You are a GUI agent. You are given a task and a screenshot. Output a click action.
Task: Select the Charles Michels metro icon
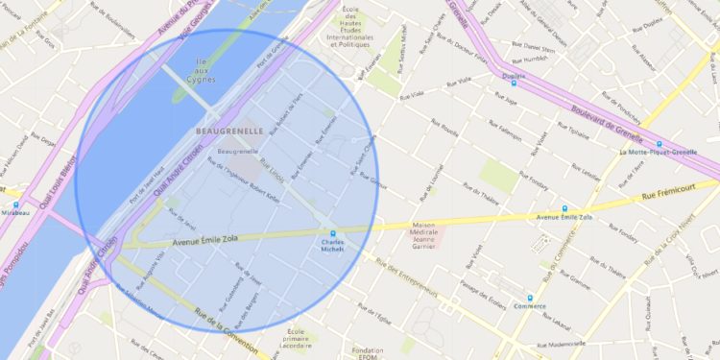333,232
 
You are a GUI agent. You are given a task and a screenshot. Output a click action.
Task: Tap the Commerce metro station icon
529,298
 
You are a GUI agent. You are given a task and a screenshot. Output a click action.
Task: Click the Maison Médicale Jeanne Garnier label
423,236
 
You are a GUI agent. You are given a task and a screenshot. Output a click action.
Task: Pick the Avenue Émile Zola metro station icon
564,207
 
